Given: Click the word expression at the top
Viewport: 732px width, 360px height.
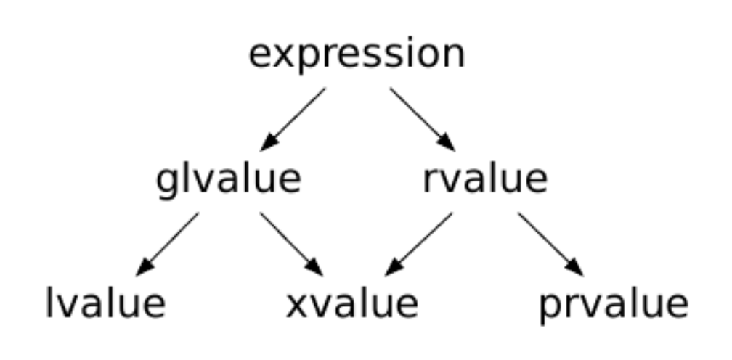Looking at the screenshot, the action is click(x=357, y=55).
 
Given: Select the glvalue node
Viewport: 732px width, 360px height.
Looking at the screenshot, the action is click(x=229, y=180).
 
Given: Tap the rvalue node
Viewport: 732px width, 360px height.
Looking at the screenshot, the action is click(x=485, y=179).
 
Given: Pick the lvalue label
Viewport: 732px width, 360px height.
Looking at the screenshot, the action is click(x=105, y=303).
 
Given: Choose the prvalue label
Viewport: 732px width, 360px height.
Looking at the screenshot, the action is click(x=614, y=306).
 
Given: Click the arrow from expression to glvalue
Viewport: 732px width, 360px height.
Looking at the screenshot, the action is click(x=293, y=119).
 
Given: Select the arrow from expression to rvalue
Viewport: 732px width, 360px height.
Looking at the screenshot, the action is click(x=423, y=119).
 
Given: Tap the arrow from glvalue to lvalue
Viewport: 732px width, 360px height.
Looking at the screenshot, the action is click(x=167, y=244).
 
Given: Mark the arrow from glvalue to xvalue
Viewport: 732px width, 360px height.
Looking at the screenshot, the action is click(x=292, y=244).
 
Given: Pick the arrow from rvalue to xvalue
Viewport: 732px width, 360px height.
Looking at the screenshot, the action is click(x=419, y=244).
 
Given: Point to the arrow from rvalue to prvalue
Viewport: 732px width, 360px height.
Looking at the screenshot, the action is click(x=551, y=244).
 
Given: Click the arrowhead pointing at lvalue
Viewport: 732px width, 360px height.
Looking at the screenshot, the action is click(x=144, y=267).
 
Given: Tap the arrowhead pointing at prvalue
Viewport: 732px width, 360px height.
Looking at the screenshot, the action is click(x=576, y=267).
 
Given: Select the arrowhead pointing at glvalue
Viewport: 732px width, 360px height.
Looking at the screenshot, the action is click(x=269, y=143).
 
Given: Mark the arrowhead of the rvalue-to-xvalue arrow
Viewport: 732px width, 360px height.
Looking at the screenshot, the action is click(x=394, y=268).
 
